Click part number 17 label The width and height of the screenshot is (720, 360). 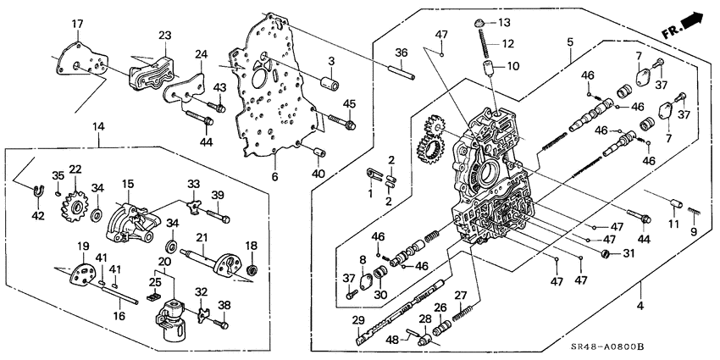point(76,24)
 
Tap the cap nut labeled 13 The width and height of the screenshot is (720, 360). point(479,21)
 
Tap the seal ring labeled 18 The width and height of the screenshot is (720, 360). point(252,271)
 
